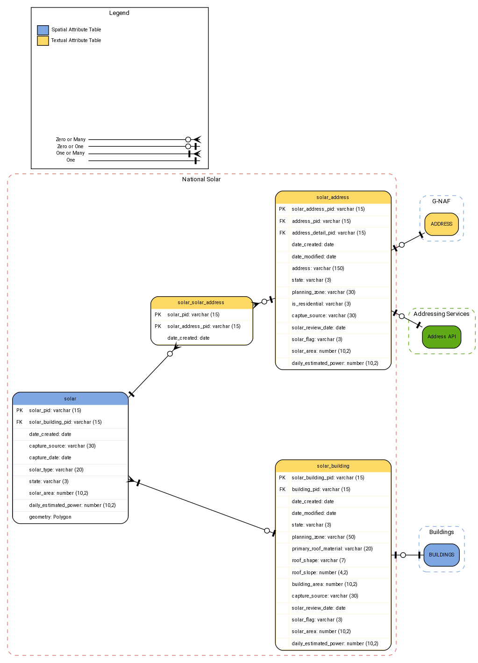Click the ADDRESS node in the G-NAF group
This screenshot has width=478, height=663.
441,224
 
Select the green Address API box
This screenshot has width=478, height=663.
441,337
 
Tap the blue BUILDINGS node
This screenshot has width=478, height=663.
441,555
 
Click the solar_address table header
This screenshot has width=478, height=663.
333,198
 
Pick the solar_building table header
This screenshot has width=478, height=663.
333,466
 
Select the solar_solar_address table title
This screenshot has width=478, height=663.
201,303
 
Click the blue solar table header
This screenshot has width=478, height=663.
70,399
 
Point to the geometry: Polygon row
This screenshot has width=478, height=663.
50,517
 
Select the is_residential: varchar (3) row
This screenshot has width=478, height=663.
321,304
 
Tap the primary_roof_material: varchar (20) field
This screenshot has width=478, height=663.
332,549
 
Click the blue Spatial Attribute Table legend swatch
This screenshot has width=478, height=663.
43,30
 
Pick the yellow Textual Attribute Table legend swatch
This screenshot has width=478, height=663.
43,41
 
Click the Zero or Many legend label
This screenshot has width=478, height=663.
71,140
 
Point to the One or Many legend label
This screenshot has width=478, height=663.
71,153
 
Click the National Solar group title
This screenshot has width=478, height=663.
201,179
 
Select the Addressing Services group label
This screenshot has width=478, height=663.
441,314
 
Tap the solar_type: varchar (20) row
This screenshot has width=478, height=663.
56,470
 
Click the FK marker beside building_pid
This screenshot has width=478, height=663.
282,490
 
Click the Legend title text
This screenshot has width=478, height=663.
119,13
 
